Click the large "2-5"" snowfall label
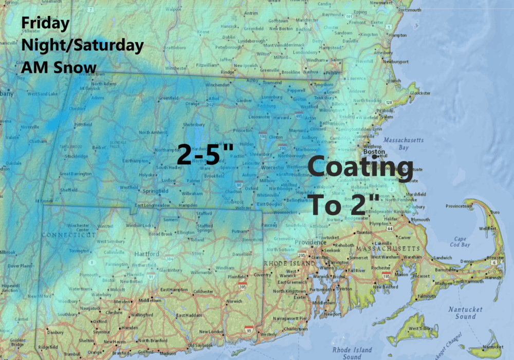[x=206, y=154]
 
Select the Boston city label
[x=374, y=152]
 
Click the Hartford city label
[x=146, y=254]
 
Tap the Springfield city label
[x=157, y=191]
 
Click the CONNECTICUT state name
[x=69, y=235]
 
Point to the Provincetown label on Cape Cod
[x=459, y=206]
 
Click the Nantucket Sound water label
[x=465, y=313]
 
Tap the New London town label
[x=211, y=332]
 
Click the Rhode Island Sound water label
[x=352, y=353]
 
